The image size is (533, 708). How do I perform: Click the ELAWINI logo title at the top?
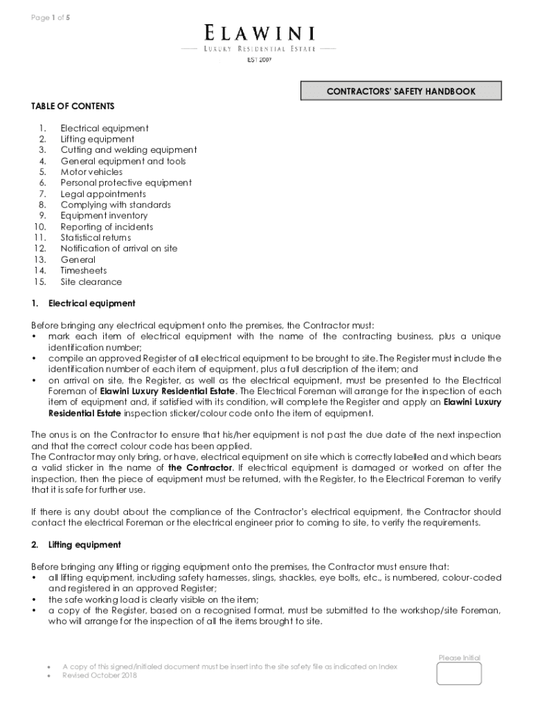coord(260,32)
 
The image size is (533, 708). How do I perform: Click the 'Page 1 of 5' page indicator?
coord(51,18)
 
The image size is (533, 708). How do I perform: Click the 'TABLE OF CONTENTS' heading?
coord(73,106)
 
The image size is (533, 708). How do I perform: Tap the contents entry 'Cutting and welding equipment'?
coord(129,150)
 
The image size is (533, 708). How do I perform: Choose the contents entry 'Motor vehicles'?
coord(91,172)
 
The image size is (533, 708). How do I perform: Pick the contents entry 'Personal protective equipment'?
coord(126,183)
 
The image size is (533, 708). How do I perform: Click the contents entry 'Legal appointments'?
coord(103,194)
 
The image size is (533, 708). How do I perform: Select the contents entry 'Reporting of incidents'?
coord(107,227)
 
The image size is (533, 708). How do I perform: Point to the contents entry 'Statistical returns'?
coord(96,238)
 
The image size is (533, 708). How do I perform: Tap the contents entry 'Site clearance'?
coord(91,282)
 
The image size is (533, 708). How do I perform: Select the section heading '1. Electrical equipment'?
coord(84,304)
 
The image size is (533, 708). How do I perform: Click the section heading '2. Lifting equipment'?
coord(76,545)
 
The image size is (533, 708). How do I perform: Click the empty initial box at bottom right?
coord(459,673)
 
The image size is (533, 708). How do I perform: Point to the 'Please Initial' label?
coord(459,658)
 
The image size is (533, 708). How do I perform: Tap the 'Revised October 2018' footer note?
coord(100,676)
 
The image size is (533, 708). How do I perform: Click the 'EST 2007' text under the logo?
coord(260,61)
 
